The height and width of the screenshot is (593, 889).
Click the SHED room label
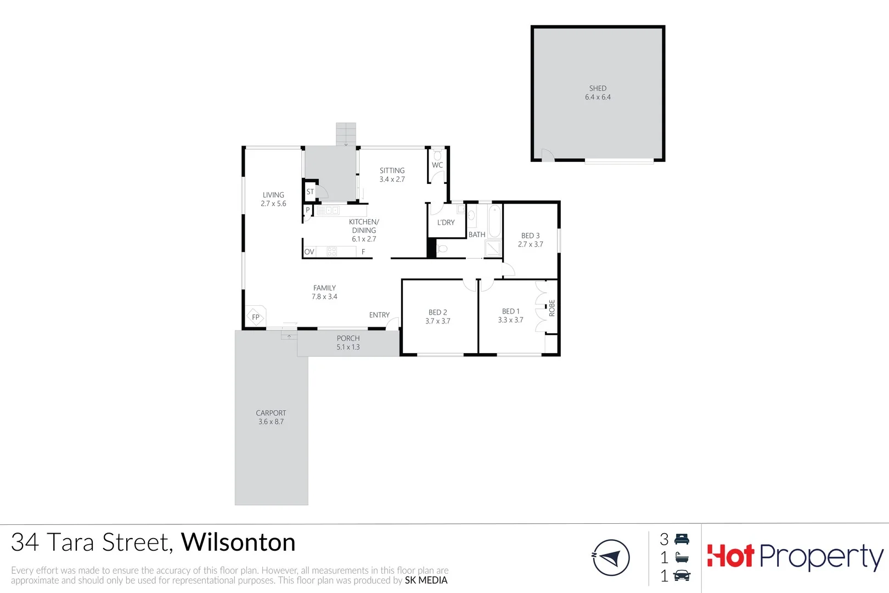coord(598,88)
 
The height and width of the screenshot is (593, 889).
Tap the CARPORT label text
coord(271,413)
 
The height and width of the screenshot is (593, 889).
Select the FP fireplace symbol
coord(256,317)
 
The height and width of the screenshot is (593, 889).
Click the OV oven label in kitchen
coord(309,252)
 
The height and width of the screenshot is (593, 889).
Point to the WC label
coord(437,165)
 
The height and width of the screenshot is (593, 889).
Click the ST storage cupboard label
coord(310,192)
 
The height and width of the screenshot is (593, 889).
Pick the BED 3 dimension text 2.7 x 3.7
coord(530,244)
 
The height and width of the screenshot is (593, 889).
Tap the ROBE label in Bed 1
coord(552,308)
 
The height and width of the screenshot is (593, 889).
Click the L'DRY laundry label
coord(446,222)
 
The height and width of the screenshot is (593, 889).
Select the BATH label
coord(476,234)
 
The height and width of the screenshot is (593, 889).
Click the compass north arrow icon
coord(611,558)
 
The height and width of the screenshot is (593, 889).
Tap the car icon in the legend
coord(682,575)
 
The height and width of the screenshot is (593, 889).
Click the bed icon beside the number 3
coord(682,539)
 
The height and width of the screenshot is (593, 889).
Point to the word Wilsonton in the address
coord(238,542)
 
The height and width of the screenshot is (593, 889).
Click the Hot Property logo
coord(795,557)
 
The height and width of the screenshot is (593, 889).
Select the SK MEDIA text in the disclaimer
coord(426,580)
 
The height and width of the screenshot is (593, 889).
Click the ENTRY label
coord(379,315)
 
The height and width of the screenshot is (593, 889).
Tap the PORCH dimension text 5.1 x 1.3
coord(348,347)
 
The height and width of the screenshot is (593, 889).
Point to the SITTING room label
coord(392,171)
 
